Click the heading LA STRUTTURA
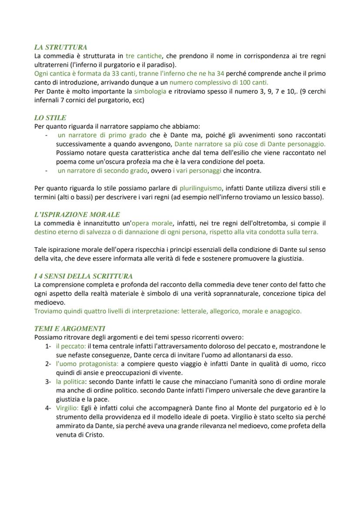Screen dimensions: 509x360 point(60,47)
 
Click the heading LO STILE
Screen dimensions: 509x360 point(50,118)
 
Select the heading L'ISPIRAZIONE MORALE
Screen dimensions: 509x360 point(77,214)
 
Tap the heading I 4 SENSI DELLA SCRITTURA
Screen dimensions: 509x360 point(83,276)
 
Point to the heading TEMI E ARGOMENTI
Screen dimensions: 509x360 point(70,329)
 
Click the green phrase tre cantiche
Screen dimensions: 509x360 point(143,56)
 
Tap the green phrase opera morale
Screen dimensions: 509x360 point(152,223)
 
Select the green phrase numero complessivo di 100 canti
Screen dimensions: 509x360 point(219,82)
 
